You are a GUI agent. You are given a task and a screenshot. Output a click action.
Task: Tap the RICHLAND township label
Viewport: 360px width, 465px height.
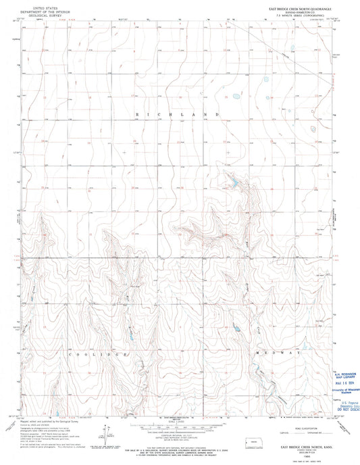pos(179,116)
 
